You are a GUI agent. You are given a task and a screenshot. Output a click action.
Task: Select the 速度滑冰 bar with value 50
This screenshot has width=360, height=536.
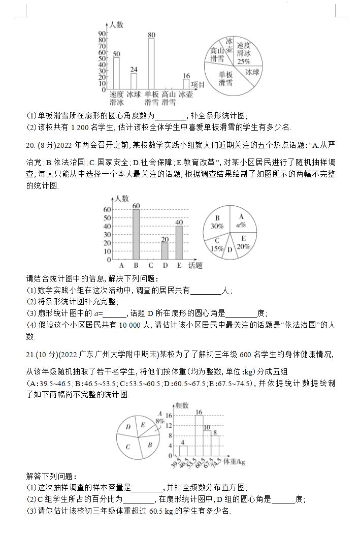coord(116,73)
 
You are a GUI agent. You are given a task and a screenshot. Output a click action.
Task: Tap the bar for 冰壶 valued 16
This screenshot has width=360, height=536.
coord(186,84)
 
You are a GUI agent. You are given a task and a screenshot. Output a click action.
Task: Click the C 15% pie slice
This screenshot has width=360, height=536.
coord(217,244)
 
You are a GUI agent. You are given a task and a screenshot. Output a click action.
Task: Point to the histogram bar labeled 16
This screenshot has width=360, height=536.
coord(199,435)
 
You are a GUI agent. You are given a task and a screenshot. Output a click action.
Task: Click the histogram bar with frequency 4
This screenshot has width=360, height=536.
coord(183,451)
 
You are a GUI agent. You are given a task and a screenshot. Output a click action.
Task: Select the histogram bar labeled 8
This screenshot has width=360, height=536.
coord(215,446)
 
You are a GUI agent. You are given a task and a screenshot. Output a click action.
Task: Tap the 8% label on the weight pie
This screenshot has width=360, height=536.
coord(160,421)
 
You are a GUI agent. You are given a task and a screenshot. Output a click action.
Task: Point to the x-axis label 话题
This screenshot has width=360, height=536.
coord(195,265)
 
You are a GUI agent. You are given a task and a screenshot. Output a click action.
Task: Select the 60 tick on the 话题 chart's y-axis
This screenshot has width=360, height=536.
coord(107,209)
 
